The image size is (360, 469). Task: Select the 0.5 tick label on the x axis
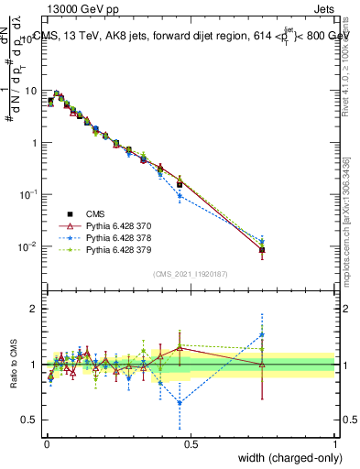point(190,442)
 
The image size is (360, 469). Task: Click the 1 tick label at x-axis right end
point(334,442)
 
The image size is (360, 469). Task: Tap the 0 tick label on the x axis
point(46,442)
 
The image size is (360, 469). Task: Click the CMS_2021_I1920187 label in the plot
point(190,274)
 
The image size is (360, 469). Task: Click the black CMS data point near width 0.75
point(262,249)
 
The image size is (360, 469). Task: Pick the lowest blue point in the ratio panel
point(180,402)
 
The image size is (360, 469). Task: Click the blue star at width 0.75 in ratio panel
point(262,333)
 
